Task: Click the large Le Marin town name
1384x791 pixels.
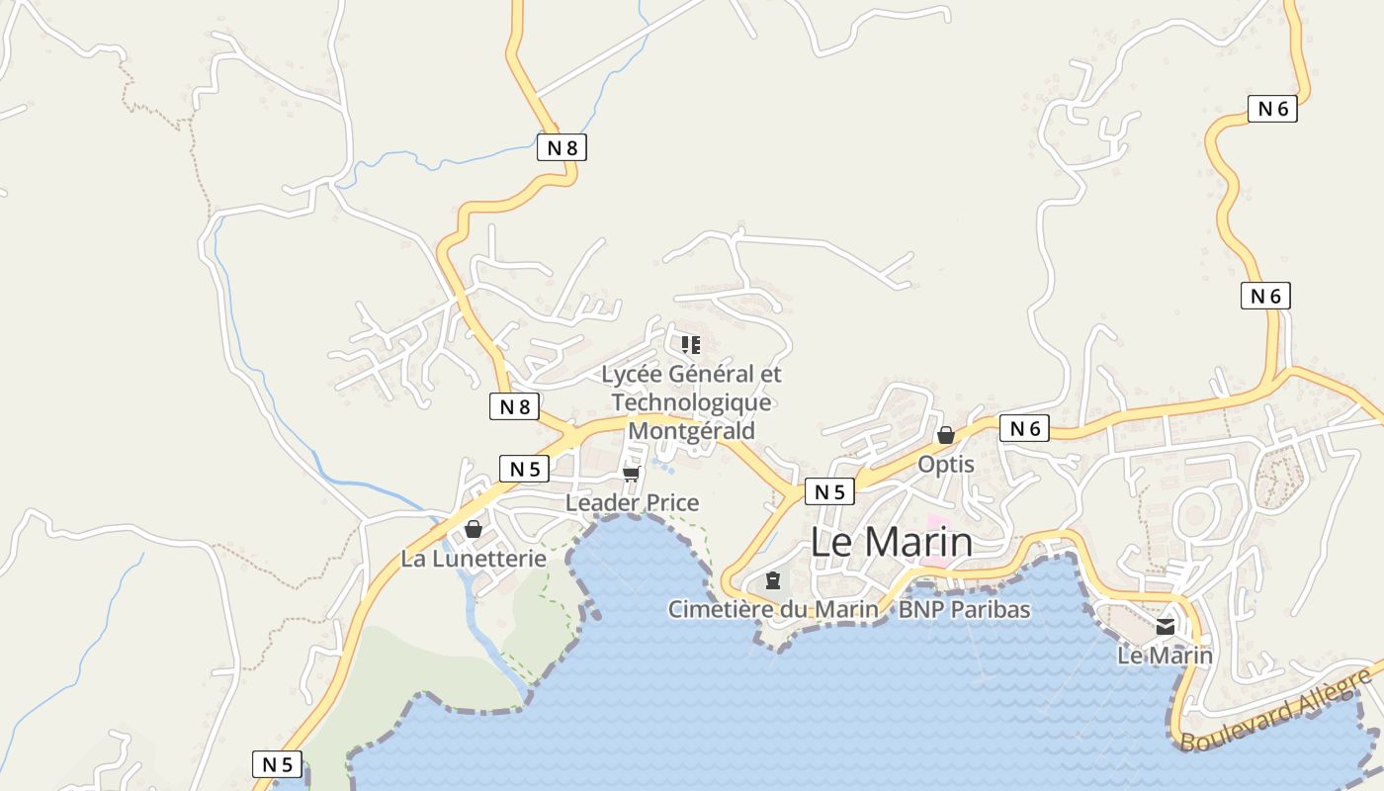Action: point(892,542)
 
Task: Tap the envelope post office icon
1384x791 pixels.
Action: point(1166,627)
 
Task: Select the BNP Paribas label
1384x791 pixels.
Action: point(964,609)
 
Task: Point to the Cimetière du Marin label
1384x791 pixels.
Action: point(772,609)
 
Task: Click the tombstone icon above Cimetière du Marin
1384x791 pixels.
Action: point(773,580)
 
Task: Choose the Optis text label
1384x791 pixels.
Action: point(946,464)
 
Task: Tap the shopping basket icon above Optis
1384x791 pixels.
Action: point(946,435)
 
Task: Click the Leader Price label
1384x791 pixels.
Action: point(632,502)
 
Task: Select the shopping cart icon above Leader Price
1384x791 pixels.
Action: point(632,475)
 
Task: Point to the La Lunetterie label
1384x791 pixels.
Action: point(474,559)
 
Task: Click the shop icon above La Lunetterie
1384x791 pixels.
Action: point(474,530)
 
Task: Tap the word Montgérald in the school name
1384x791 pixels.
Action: point(691,431)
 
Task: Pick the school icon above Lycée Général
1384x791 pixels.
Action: point(691,345)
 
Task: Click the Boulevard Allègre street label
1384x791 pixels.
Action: point(1276,711)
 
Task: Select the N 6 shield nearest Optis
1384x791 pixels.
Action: point(1024,428)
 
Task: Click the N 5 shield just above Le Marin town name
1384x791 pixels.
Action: point(828,491)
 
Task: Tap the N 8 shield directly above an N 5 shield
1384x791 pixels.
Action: point(514,406)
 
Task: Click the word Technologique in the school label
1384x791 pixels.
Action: point(691,402)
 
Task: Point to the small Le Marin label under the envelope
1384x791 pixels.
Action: point(1165,655)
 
